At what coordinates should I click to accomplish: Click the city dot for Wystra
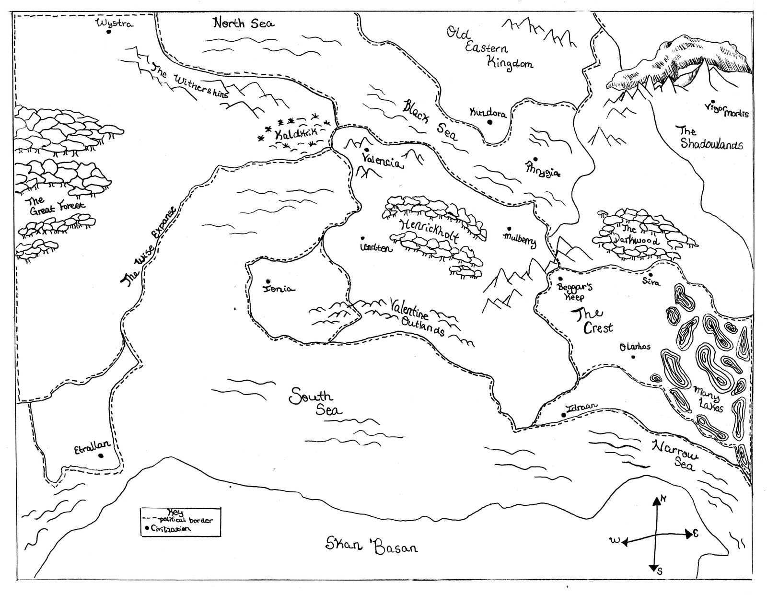109,32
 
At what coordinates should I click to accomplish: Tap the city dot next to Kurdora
490,122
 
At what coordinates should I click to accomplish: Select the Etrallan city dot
101,455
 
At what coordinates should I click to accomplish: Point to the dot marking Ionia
268,281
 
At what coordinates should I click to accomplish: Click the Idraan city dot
564,415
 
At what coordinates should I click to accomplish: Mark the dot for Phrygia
535,159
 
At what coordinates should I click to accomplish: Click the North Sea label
243,23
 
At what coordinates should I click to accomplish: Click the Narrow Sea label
676,456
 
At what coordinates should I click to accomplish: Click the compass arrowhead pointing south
654,568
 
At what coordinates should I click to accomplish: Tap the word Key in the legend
176,513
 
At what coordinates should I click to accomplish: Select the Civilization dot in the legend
146,529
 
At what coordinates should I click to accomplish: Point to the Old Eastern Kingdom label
489,48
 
